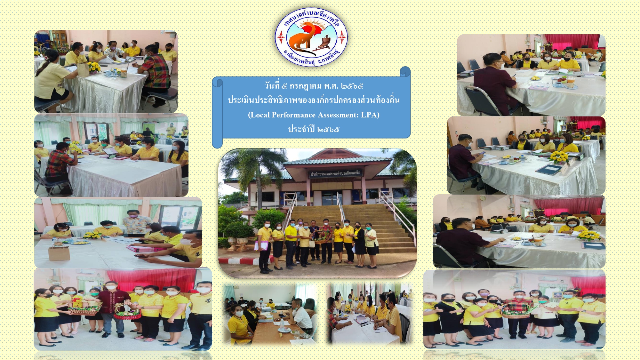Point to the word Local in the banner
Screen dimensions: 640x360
(260, 115)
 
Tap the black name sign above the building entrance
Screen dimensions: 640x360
(336, 173)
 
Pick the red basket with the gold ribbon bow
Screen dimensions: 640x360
(127, 313)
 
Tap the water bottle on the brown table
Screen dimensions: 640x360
(282, 325)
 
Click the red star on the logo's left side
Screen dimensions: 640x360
(281, 37)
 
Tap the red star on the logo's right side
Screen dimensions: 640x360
(342, 37)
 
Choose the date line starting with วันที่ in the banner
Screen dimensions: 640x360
(314, 86)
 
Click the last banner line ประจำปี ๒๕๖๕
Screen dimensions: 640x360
(314, 129)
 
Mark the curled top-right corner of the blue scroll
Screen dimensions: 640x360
(405, 71)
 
